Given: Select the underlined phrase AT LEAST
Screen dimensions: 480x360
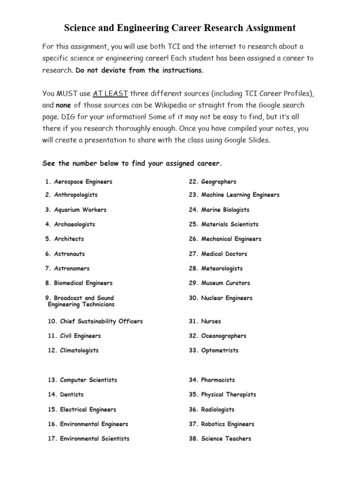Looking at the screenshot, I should pyautogui.click(x=110, y=93).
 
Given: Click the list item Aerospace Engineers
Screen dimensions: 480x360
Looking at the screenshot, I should pyautogui.click(x=83, y=181).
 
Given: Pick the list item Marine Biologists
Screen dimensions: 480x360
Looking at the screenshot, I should pyautogui.click(x=225, y=210).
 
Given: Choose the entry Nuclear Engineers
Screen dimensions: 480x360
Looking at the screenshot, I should pyautogui.click(x=226, y=298).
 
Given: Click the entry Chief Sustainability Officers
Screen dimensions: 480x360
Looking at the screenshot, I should pyautogui.click(x=101, y=321).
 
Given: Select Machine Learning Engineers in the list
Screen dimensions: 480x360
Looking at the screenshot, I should pyautogui.click(x=240, y=195).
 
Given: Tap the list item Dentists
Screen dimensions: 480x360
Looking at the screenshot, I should pyautogui.click(x=72, y=394).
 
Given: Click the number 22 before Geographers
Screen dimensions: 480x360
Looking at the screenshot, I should pyautogui.click(x=194, y=181).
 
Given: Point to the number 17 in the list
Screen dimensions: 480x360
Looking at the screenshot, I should pyautogui.click(x=52, y=438).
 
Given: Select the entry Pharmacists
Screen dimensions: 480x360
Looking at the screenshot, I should pyautogui.click(x=218, y=380).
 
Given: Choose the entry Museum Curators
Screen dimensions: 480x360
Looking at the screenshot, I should pyautogui.click(x=225, y=283).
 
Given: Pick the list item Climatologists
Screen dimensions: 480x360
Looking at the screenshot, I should pyautogui.click(x=79, y=350).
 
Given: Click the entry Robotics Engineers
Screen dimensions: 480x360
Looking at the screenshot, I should pyautogui.click(x=227, y=424).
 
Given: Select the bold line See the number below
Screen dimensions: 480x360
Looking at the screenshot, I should pyautogui.click(x=132, y=164).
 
